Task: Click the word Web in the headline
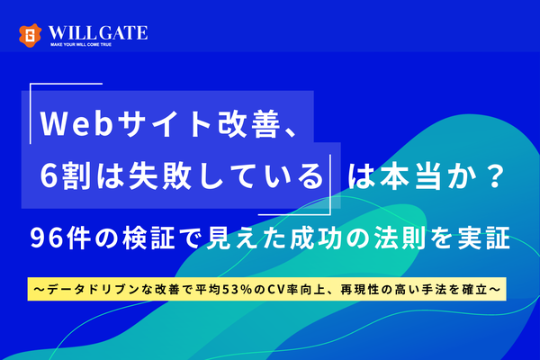pos(76,121)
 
